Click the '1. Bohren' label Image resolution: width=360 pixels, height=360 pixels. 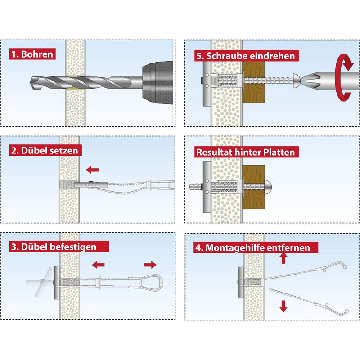point(32,54)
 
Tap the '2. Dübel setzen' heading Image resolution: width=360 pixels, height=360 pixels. point(45,151)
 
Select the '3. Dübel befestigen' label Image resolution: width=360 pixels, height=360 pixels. point(59,247)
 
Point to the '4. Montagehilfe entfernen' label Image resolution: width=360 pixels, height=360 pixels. point(256,248)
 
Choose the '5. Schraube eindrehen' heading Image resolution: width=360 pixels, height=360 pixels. point(246,56)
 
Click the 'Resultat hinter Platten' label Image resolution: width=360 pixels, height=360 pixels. point(246,152)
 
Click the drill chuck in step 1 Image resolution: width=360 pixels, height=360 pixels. point(157,83)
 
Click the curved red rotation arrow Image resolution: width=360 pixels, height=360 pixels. point(343,77)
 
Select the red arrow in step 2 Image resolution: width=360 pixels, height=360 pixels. point(93,170)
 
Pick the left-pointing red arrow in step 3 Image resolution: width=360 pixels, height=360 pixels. point(98,265)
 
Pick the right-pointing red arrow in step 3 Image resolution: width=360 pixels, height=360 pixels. point(150,265)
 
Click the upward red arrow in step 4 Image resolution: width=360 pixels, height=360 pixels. point(283,258)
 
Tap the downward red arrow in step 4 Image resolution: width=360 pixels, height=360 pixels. point(283,306)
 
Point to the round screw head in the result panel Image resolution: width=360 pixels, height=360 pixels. point(268,186)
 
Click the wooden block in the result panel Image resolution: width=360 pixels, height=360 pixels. point(253,187)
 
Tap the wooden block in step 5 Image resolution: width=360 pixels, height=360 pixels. point(253,82)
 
